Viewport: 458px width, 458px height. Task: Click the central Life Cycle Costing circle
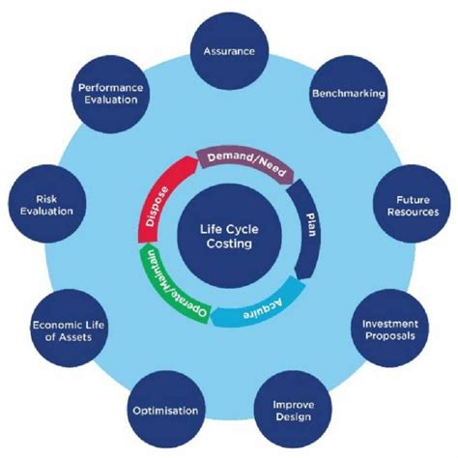click(x=228, y=231)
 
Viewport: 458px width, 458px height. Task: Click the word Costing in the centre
click(x=228, y=243)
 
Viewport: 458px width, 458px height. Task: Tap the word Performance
click(x=111, y=88)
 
